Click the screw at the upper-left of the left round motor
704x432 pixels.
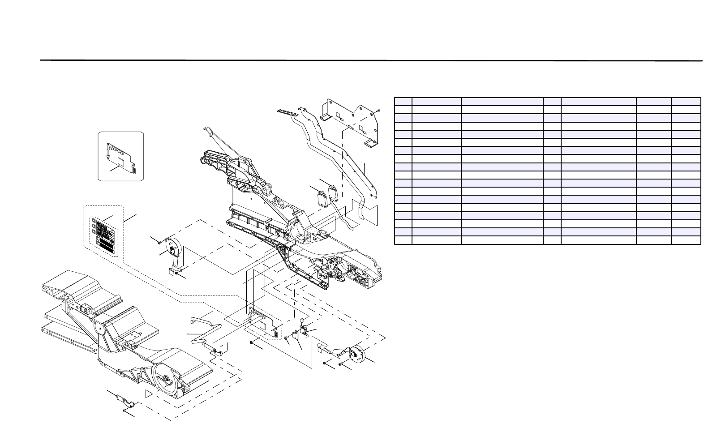(x=159, y=242)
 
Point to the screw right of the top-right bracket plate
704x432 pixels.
(x=378, y=110)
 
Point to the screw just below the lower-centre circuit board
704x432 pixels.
(x=252, y=343)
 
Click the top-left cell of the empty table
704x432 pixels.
(x=403, y=101)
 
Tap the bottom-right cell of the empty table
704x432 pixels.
(x=686, y=240)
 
